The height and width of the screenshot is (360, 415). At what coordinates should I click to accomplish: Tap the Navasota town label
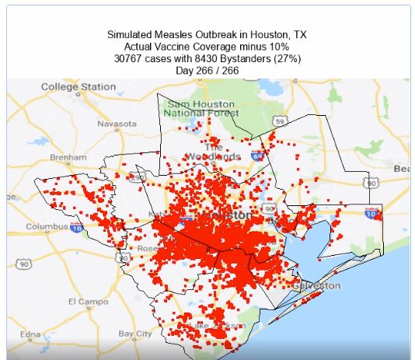click(117, 124)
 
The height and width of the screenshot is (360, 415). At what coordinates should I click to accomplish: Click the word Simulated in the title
click(133, 36)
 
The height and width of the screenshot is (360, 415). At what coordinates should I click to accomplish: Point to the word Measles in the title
click(183, 36)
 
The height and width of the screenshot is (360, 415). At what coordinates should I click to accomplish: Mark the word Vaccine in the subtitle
click(181, 47)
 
